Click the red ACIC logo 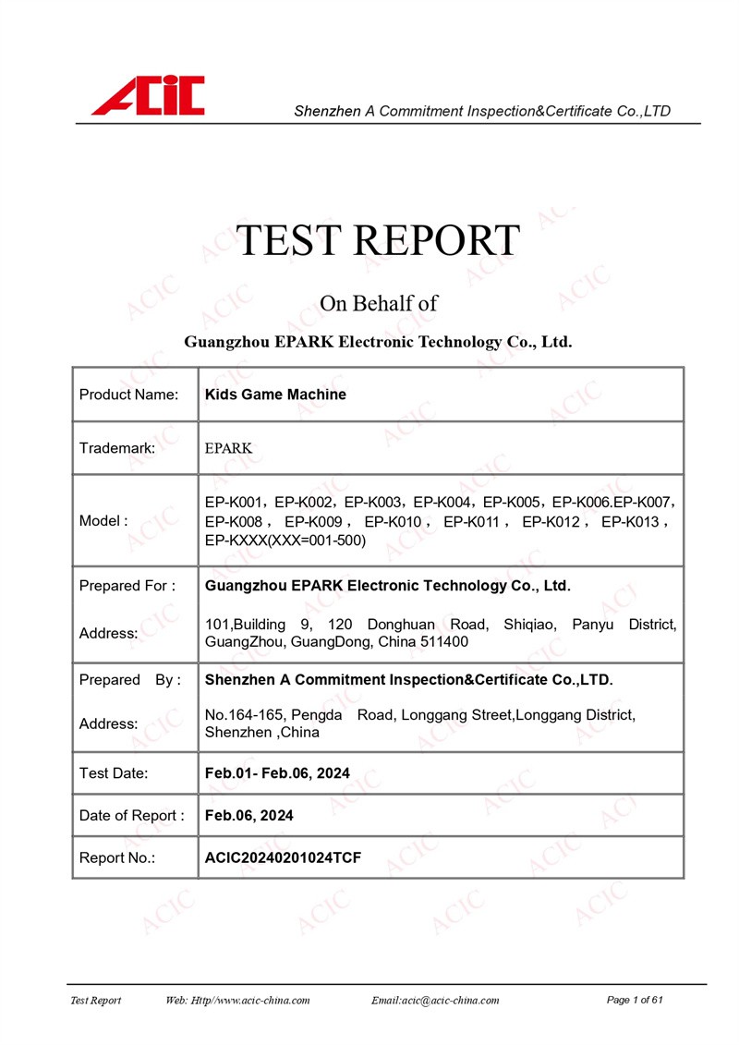pyautogui.click(x=148, y=96)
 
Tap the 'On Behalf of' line pyautogui.click(x=378, y=303)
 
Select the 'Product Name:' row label pyautogui.click(x=128, y=395)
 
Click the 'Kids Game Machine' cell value pyautogui.click(x=275, y=395)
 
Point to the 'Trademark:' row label pyautogui.click(x=117, y=448)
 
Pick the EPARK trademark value pyautogui.click(x=228, y=448)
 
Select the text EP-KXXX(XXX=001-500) pyautogui.click(x=285, y=540)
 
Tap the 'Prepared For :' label pyautogui.click(x=127, y=586)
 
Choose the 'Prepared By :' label pyautogui.click(x=130, y=680)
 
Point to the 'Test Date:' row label pyautogui.click(x=114, y=773)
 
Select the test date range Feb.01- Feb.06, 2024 pyautogui.click(x=277, y=773)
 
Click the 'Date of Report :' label pyautogui.click(x=131, y=816)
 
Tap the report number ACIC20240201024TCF pyautogui.click(x=283, y=858)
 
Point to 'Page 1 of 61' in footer pyautogui.click(x=636, y=1001)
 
